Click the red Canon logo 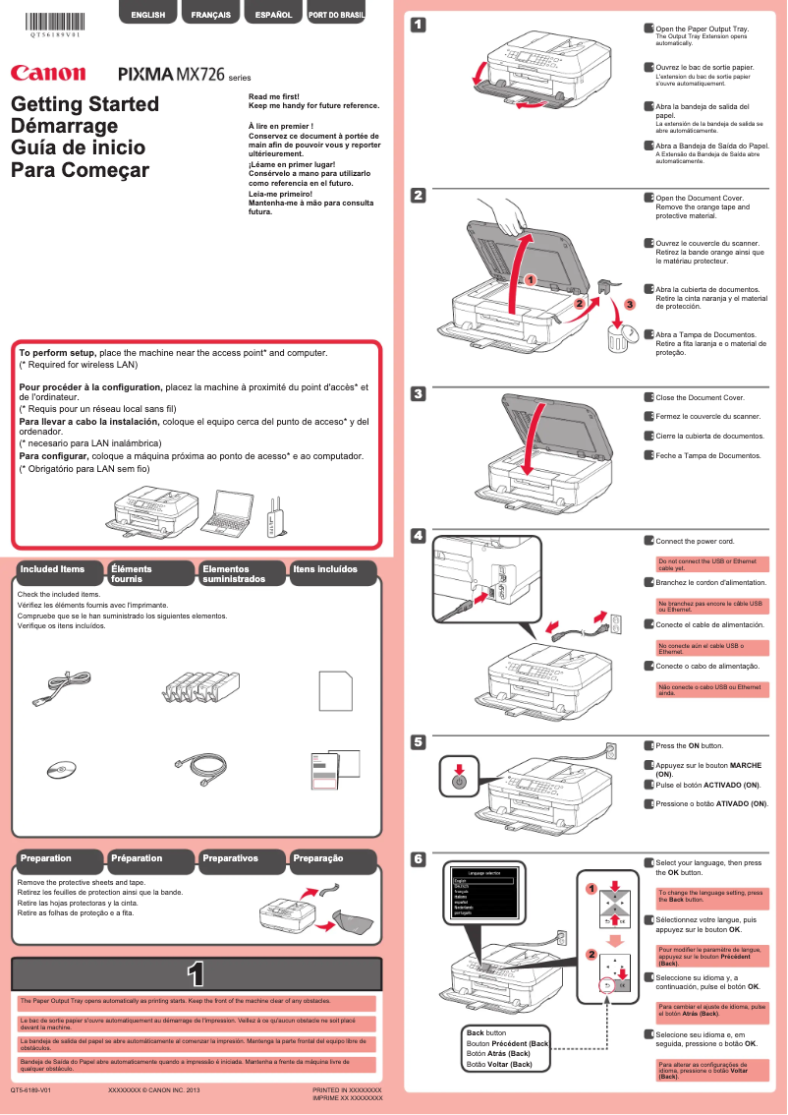click(x=47, y=74)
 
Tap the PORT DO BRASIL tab click(x=337, y=15)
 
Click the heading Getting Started click(x=84, y=104)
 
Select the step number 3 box click(x=418, y=394)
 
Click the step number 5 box click(x=418, y=742)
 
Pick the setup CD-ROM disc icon click(x=60, y=770)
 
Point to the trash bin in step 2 click(x=619, y=338)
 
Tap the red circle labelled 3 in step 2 click(x=630, y=306)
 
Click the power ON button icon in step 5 click(x=458, y=781)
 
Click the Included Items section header click(x=57, y=569)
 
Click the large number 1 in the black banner click(x=196, y=973)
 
